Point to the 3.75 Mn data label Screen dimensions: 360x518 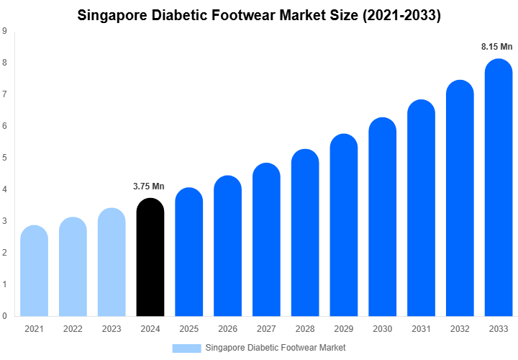click(149, 186)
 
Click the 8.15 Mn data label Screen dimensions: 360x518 click(497, 47)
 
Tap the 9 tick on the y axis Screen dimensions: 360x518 click(5, 31)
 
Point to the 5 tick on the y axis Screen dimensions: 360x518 click(5, 158)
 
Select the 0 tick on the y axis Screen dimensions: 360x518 click(5, 315)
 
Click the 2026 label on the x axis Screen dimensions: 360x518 click(227, 329)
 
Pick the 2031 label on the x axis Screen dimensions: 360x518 click(421, 329)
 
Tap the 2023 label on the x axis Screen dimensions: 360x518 click(111, 329)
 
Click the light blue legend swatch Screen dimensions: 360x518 click(186, 348)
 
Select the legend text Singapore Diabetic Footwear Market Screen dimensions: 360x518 click(276, 348)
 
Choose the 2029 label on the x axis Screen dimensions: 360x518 click(344, 329)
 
